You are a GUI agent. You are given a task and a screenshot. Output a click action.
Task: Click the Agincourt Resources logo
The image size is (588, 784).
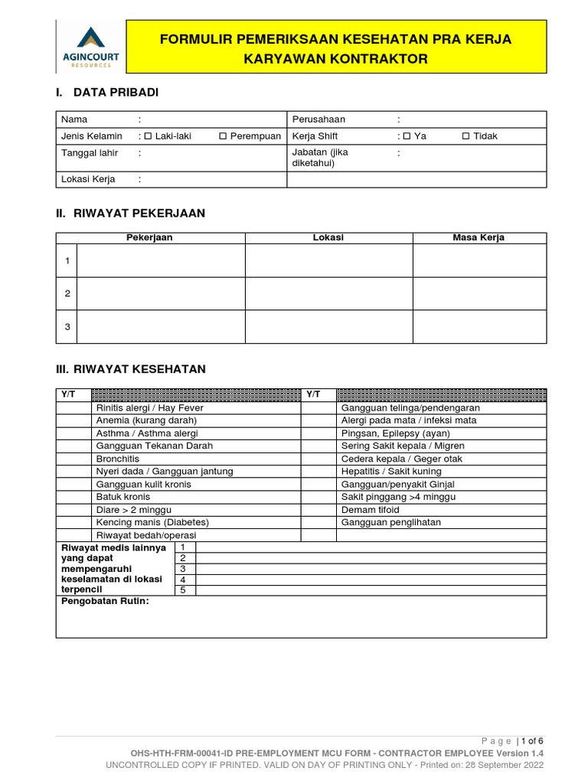(91, 47)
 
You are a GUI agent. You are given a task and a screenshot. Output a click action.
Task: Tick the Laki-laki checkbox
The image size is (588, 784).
(149, 136)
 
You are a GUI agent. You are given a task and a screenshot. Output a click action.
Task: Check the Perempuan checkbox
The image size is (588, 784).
(223, 136)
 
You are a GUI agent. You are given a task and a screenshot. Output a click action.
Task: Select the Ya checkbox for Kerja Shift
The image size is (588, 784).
(407, 136)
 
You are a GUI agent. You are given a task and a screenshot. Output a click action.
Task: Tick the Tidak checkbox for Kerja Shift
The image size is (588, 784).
(466, 136)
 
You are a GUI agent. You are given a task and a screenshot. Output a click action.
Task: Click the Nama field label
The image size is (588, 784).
(74, 119)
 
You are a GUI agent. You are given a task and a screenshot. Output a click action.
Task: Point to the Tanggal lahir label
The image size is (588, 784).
(90, 152)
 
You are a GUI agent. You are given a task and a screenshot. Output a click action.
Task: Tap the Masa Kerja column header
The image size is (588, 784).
(479, 237)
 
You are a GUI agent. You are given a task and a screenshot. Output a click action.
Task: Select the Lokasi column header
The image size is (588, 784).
(328, 237)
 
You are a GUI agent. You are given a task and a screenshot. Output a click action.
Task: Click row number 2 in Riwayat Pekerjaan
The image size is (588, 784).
(67, 293)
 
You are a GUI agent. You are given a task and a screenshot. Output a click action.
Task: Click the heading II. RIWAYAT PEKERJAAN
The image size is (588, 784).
(130, 213)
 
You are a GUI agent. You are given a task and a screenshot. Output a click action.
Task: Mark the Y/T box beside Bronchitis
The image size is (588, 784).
(73, 459)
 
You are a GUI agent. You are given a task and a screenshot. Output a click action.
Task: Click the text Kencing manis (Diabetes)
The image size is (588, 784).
(152, 522)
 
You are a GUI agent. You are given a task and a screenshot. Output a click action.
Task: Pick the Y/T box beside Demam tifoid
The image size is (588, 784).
(319, 510)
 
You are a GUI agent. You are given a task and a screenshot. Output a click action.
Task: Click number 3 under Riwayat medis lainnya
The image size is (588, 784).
(182, 569)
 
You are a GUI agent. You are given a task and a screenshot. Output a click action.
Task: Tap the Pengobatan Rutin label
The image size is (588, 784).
(105, 602)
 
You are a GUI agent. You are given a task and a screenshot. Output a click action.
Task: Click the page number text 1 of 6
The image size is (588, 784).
(532, 740)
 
